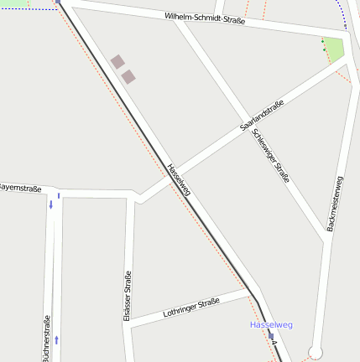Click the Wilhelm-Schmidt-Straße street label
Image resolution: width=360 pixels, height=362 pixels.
click(205, 18)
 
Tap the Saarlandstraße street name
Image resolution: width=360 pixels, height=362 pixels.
click(261, 115)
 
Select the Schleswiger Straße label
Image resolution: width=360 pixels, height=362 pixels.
click(271, 156)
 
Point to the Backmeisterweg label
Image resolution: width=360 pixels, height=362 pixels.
click(335, 204)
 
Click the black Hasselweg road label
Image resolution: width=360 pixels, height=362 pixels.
click(180, 180)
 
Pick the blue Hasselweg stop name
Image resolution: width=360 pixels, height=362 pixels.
click(271, 324)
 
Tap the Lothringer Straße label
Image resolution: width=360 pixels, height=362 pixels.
click(191, 308)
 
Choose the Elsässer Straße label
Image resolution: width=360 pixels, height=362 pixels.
click(128, 295)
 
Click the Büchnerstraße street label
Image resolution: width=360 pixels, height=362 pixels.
click(47, 339)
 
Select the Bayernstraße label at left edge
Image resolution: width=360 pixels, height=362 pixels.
click(21, 189)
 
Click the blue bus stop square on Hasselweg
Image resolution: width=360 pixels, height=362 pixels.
click(271, 335)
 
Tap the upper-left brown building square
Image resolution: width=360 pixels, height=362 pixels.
click(117, 61)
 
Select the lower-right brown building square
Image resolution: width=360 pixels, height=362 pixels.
click(128, 76)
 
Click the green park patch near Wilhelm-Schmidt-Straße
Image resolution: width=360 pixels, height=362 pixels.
click(335, 49)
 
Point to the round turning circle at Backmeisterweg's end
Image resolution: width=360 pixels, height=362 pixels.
click(316, 353)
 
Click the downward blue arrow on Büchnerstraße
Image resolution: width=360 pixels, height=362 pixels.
click(50, 204)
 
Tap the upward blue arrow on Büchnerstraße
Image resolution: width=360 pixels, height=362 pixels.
click(57, 339)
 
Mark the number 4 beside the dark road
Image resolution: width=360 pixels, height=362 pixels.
click(274, 344)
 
